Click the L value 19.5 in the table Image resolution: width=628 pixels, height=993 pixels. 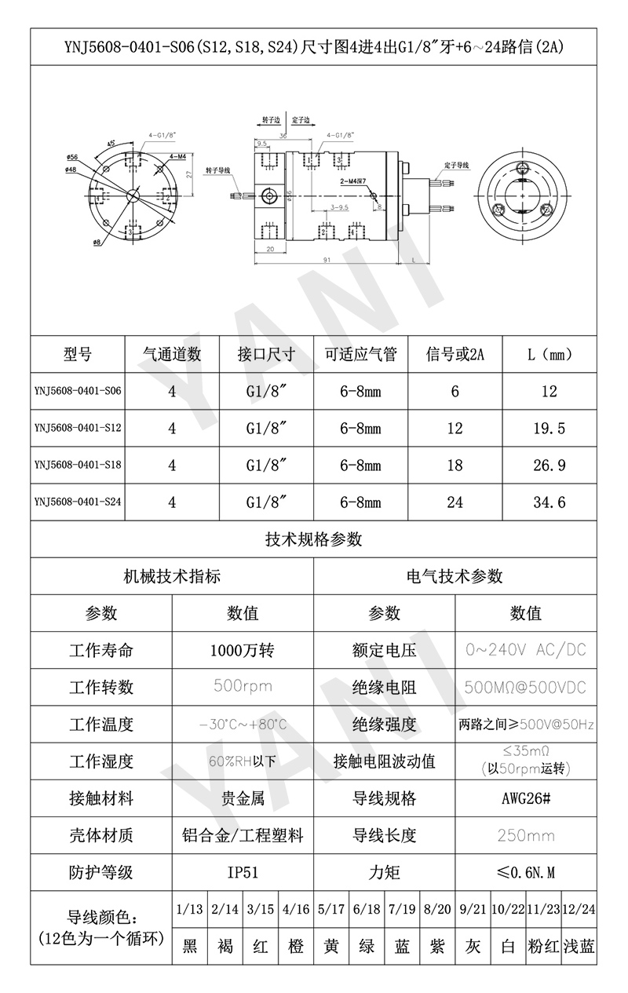point(549,428)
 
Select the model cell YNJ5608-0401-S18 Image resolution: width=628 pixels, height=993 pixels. point(78,465)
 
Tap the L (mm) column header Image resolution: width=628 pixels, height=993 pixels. point(549,354)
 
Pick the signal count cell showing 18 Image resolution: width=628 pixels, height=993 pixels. point(455,465)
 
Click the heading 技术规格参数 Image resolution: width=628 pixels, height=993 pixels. point(313,539)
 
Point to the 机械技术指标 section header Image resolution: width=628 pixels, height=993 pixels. point(172,576)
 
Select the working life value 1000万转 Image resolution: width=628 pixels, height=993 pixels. point(243,650)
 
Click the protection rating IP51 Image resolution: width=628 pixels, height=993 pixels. point(243,872)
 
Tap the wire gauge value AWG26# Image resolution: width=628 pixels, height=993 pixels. point(525,798)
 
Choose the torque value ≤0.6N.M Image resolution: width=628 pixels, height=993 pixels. point(525,872)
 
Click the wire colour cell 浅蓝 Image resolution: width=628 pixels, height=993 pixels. point(579,946)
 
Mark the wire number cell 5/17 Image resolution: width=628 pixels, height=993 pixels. point(331,910)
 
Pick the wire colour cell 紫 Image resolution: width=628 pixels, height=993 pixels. point(437,946)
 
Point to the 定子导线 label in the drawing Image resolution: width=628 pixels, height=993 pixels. point(456,166)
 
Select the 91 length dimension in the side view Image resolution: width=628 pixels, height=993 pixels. point(325,258)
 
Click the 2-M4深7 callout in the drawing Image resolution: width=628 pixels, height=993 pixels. point(354,181)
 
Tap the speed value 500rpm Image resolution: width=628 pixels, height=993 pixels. point(243,687)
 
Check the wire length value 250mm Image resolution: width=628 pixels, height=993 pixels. point(525,835)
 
